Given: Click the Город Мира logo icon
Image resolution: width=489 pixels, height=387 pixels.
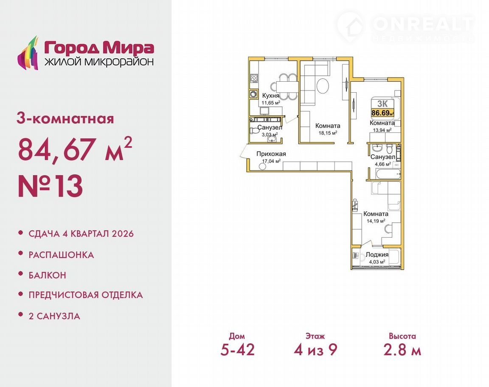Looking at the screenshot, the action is [x=28, y=53].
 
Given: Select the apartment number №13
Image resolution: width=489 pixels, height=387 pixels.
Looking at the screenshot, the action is [x=50, y=186].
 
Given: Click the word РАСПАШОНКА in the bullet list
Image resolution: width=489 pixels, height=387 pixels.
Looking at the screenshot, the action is [x=61, y=255].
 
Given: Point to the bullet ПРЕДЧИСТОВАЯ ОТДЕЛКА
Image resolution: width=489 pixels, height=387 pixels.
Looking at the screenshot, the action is [x=86, y=295].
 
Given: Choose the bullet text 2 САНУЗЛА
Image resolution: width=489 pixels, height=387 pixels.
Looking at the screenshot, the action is [x=54, y=316].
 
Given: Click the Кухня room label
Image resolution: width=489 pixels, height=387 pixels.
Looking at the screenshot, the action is [x=271, y=96].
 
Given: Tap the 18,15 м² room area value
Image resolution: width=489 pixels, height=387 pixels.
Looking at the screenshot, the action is [x=328, y=133].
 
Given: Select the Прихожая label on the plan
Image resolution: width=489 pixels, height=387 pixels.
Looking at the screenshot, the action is [x=271, y=154].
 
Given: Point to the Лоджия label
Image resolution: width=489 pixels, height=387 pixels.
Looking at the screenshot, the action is [x=377, y=255].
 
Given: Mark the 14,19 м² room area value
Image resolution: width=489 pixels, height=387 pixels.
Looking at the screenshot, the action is [x=376, y=221].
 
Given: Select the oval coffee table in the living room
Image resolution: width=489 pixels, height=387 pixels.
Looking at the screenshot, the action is [x=323, y=85].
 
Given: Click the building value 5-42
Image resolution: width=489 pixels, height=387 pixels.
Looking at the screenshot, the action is [x=237, y=350].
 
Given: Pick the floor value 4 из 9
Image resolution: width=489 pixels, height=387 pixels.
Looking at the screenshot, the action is [x=315, y=350].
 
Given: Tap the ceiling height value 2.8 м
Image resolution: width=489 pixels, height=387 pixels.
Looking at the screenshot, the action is [x=402, y=350].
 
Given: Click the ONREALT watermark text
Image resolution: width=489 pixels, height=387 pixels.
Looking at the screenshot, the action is [x=423, y=24].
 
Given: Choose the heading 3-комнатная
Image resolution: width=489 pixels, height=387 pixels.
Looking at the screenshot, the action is [x=65, y=119].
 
